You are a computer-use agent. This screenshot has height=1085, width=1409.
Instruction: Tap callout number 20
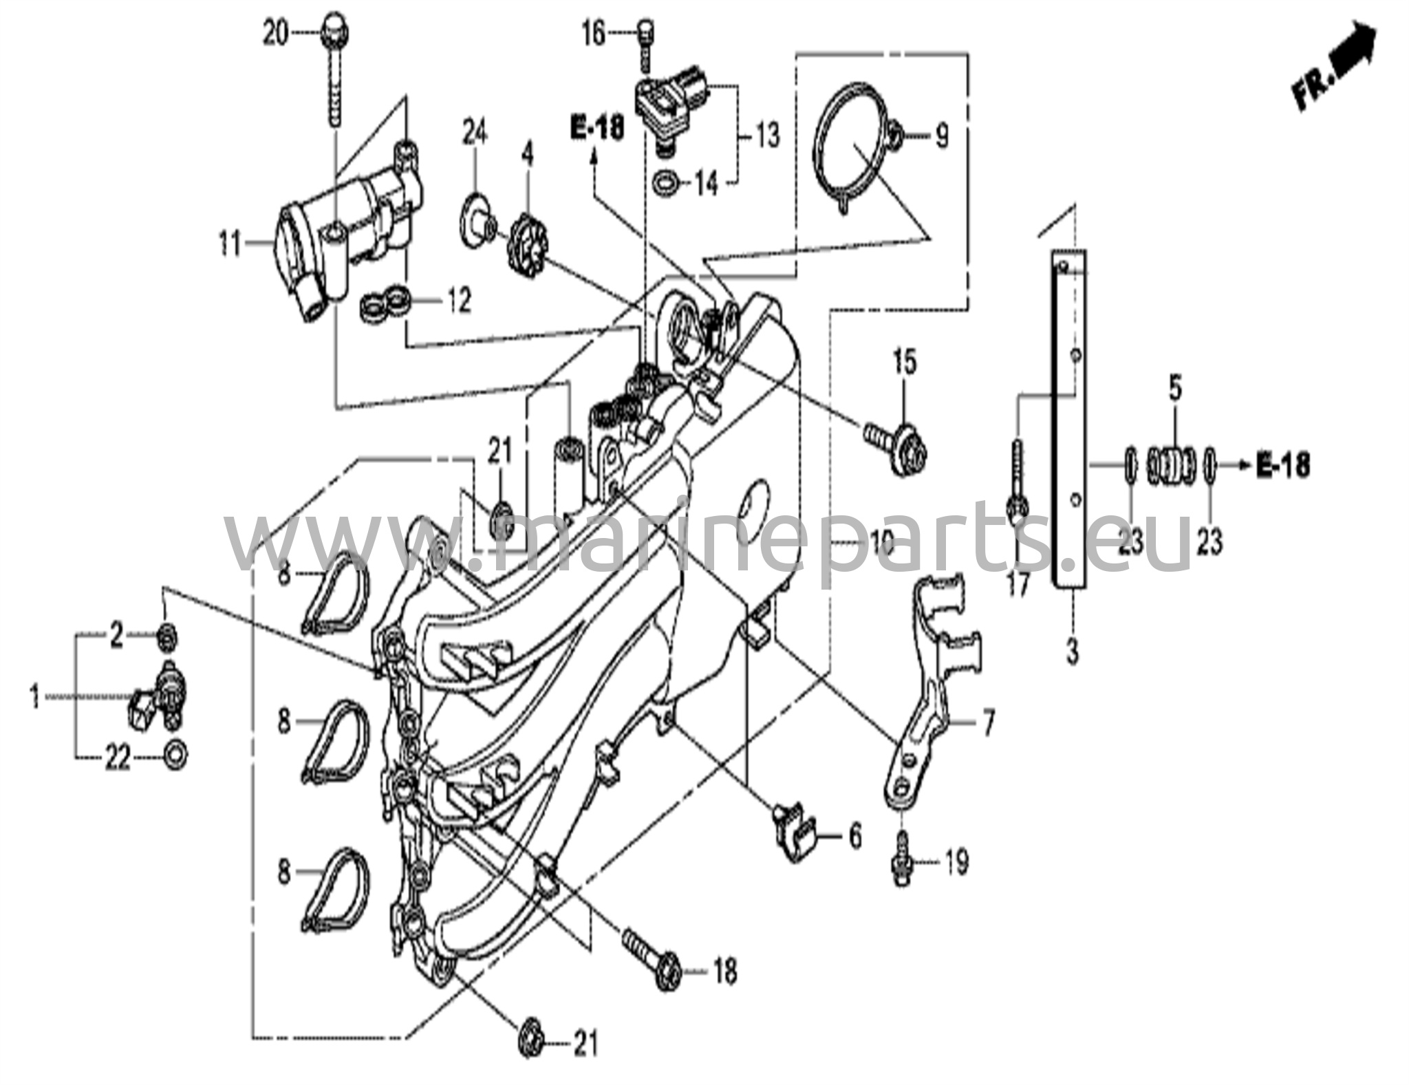[x=277, y=32]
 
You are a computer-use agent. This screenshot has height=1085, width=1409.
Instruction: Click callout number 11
[x=230, y=244]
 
